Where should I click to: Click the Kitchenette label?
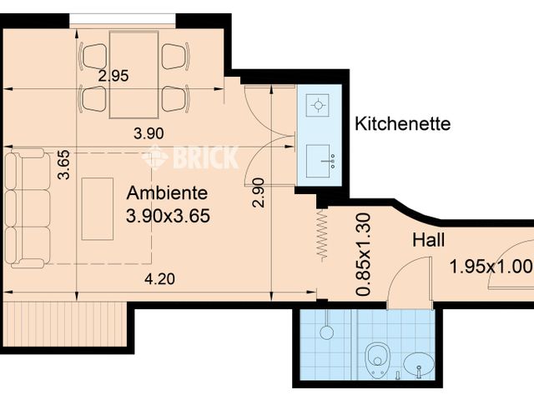point(403,124)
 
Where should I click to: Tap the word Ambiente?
point(167,192)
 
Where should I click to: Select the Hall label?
point(429,241)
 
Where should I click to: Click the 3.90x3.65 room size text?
point(167,216)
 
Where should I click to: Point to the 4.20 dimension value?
point(159,280)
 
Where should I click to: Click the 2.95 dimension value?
point(113,76)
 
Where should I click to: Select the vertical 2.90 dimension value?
point(259,192)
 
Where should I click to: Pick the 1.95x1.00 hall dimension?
point(490,267)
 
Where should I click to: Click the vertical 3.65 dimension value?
point(64,164)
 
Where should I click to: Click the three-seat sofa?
point(27,208)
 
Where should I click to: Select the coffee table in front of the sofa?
point(98,208)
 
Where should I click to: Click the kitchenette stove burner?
point(318,106)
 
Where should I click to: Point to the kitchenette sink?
point(320,158)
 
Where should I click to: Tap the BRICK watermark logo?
point(190,156)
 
